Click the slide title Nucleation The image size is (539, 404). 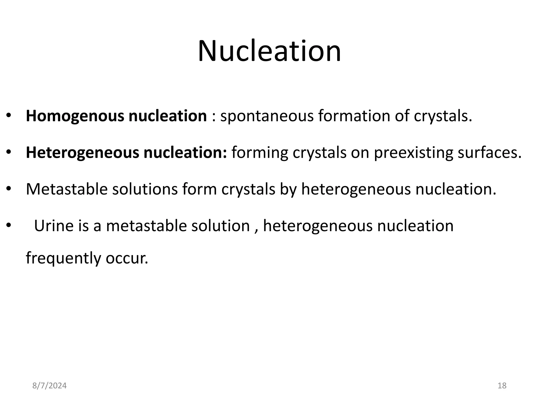point(269,51)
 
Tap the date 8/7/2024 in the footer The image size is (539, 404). point(49,386)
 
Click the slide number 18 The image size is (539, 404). point(502,386)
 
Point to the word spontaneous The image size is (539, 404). point(267,116)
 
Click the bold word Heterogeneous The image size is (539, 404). point(82,153)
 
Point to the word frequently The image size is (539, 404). point(63,258)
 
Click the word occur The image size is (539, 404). point(127,258)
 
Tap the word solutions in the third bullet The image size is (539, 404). point(145,189)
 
